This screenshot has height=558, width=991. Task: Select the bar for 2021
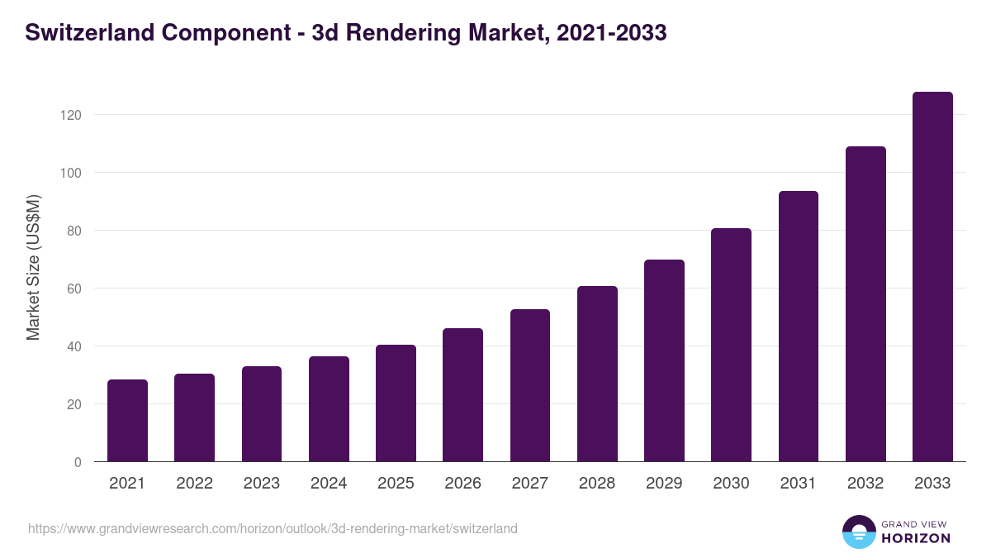127,421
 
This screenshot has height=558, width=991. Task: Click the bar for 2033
932,277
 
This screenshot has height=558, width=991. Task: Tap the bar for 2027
530,385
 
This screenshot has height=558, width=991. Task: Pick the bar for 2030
731,345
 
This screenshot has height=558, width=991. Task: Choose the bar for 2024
329,409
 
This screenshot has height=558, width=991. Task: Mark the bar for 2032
865,304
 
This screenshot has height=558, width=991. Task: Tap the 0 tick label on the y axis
78,462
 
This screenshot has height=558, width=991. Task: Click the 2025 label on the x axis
396,484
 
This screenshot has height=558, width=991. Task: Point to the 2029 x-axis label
664,484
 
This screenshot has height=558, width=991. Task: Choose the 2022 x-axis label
194,484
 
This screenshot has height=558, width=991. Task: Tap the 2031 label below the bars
798,484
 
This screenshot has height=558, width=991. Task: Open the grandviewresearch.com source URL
273,528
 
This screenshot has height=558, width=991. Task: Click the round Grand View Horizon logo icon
859,532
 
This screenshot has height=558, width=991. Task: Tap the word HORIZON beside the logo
917,538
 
